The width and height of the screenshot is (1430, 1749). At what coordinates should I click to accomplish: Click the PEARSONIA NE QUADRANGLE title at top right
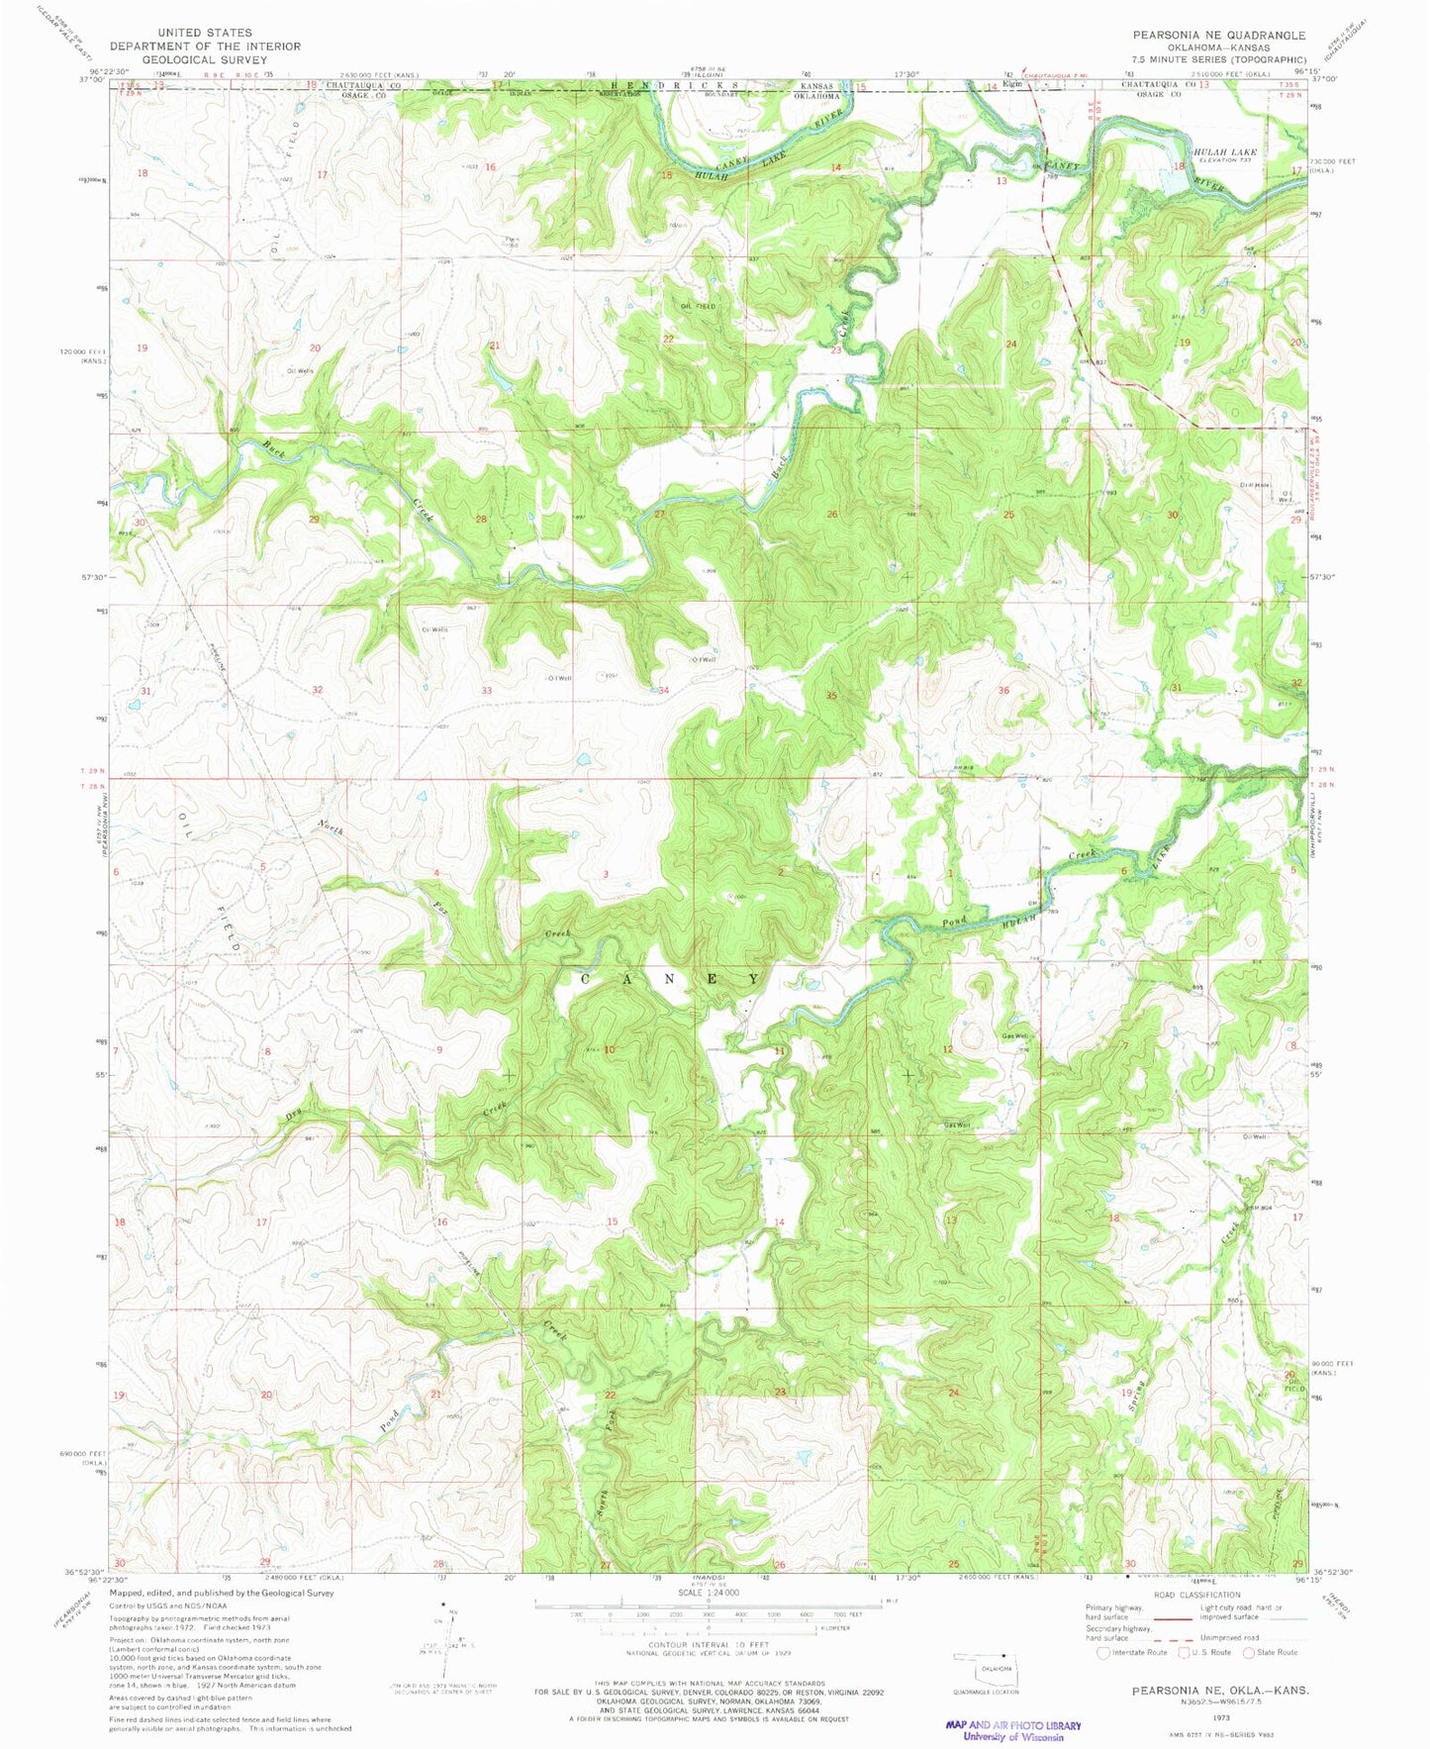click(x=1219, y=35)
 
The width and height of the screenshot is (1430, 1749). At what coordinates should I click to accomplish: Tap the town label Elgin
click(x=1011, y=84)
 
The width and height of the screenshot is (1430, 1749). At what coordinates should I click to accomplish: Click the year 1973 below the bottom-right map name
click(x=1219, y=1718)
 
